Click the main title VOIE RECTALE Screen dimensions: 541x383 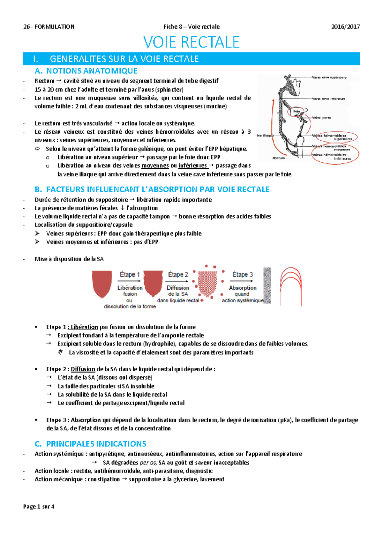click(x=191, y=42)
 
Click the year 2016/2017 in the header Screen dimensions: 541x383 click(x=345, y=27)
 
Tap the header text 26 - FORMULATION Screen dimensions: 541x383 click(x=49, y=27)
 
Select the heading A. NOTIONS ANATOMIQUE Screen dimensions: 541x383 click(x=86, y=71)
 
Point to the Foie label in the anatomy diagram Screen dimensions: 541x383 click(x=297, y=111)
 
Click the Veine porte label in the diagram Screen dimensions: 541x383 click(x=321, y=118)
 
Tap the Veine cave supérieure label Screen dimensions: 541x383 click(x=329, y=78)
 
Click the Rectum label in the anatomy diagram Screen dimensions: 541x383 click(x=279, y=158)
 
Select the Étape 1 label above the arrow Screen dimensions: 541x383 click(x=130, y=274)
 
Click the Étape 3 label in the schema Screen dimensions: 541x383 click(x=243, y=274)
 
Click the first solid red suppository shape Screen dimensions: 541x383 click(x=102, y=283)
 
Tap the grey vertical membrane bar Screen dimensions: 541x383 click(x=267, y=285)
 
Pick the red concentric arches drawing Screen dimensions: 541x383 click(x=291, y=286)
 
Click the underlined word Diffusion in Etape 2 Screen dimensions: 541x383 click(x=83, y=369)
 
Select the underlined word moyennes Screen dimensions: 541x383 click(x=155, y=166)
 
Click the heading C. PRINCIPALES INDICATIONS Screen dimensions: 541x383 click(x=91, y=444)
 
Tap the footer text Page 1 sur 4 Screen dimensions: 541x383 click(x=39, y=507)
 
